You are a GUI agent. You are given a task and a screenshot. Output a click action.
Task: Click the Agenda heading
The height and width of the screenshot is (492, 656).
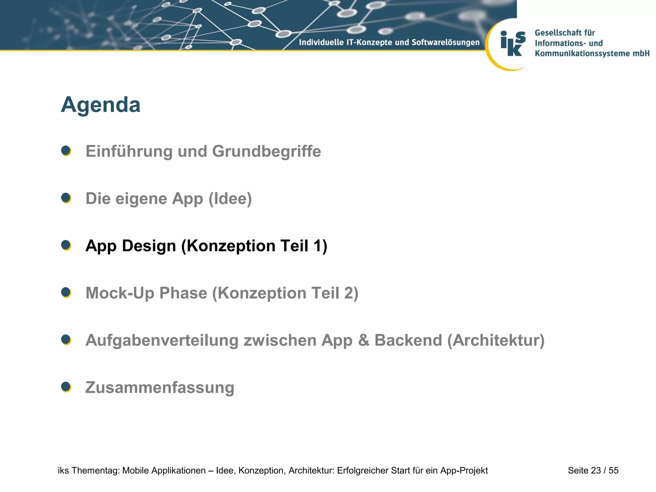click(x=101, y=105)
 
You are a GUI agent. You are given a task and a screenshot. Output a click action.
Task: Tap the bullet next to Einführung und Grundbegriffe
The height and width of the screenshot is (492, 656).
click(x=66, y=151)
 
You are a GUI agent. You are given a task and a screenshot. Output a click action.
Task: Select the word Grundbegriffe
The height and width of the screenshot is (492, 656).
click(x=266, y=152)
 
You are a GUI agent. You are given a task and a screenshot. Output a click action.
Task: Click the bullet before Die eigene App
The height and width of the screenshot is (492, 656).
click(x=66, y=198)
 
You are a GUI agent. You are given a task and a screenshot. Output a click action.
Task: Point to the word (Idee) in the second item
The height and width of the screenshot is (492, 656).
click(x=230, y=199)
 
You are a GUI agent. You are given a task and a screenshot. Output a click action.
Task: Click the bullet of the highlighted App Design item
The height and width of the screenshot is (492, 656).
click(x=66, y=245)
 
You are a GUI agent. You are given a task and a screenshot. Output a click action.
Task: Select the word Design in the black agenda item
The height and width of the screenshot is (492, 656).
click(x=149, y=246)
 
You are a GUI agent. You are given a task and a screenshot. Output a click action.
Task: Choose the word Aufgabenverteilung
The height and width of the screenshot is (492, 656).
click(x=162, y=340)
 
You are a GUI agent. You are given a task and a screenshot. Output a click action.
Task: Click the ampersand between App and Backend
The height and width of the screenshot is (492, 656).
click(x=364, y=340)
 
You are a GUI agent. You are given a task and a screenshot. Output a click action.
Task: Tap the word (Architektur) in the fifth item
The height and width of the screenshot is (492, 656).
click(x=496, y=340)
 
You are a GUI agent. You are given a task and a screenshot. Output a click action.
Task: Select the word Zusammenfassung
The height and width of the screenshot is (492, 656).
click(x=160, y=388)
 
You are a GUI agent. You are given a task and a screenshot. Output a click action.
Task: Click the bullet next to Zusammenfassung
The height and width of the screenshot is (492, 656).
click(x=66, y=387)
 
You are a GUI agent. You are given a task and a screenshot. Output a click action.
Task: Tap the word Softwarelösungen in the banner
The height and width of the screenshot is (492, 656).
click(x=446, y=42)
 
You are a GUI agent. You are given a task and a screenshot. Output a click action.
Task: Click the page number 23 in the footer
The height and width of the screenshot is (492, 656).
click(x=596, y=471)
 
